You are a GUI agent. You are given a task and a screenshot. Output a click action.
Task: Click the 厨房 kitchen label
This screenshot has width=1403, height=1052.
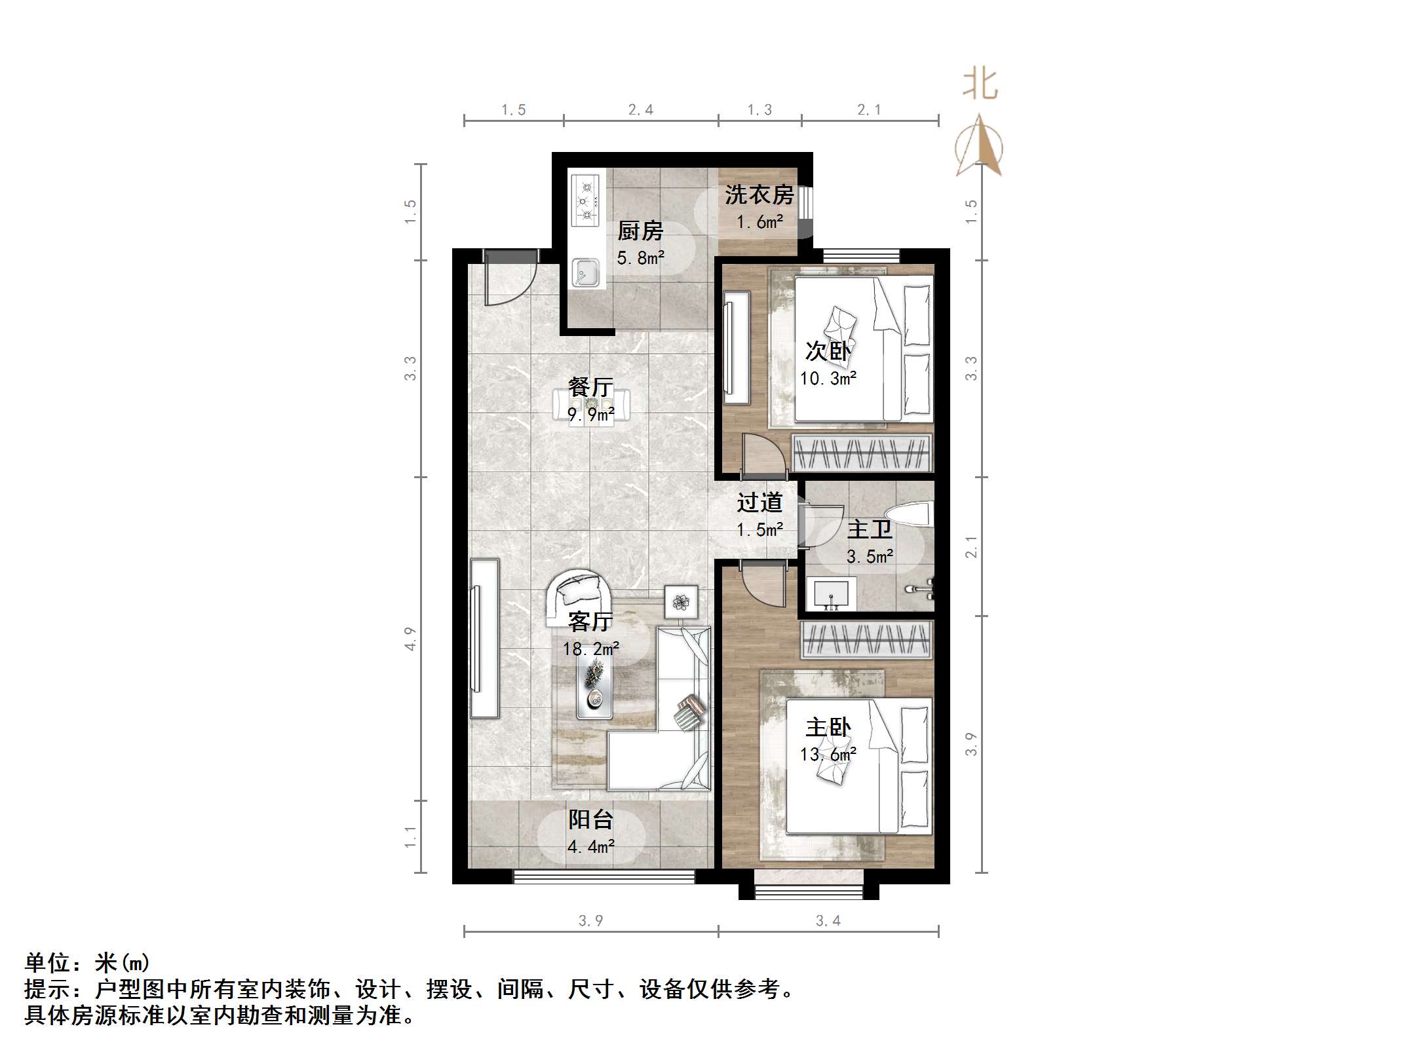640,231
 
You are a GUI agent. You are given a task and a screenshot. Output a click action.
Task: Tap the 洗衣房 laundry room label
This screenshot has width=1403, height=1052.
759,195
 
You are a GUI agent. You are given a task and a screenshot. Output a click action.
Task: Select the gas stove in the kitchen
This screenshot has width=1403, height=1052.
586,200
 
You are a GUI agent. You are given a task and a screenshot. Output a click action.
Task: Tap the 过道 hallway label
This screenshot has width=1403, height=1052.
759,502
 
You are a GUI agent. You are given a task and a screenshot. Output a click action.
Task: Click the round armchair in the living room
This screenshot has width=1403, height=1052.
580,592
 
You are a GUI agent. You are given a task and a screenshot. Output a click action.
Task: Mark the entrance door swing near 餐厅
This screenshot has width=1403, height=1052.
508,282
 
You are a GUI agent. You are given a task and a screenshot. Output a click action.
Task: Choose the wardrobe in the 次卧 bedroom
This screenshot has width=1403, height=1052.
861,453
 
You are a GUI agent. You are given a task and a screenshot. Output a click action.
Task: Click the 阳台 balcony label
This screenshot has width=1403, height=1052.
590,819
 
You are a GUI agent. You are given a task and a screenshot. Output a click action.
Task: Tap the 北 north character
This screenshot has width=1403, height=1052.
980,85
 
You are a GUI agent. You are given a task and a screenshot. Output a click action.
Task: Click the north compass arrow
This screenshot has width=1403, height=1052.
979,146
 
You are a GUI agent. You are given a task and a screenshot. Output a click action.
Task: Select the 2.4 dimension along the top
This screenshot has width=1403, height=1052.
640,110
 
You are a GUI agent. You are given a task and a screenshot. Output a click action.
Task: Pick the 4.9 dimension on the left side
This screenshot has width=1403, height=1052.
410,639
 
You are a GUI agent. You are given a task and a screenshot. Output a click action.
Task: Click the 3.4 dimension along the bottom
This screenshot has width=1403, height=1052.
828,920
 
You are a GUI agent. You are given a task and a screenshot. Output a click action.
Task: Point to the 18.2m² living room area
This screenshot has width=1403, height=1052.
590,648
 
